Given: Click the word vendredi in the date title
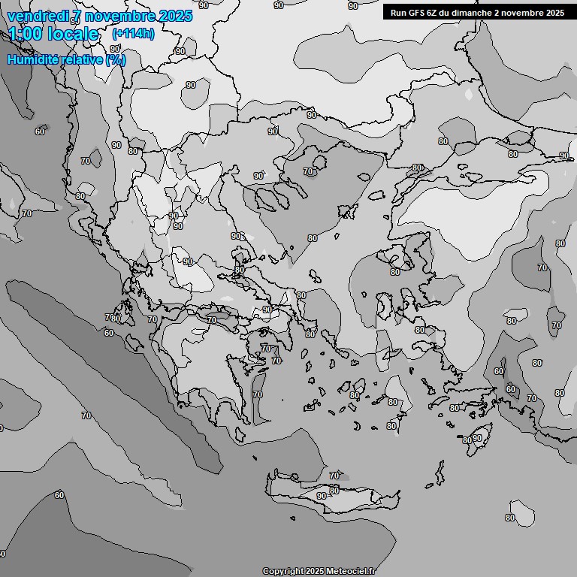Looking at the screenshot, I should pos(38,16).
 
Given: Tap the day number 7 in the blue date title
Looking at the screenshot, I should pos(77,16).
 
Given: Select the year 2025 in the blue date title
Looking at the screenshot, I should pos(175,16).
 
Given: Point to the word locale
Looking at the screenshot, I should pos(74,34).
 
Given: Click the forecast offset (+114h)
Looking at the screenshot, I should pos(133,34).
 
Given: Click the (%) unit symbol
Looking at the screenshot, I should pos(116,59).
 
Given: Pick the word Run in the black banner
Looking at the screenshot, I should pos(398,13).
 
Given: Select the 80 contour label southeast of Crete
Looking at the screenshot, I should pos(510,518).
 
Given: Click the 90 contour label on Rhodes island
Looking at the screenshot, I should pos(477,438).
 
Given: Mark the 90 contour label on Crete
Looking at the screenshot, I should pos(322,496).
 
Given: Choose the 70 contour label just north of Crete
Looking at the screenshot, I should pos(334,476).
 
